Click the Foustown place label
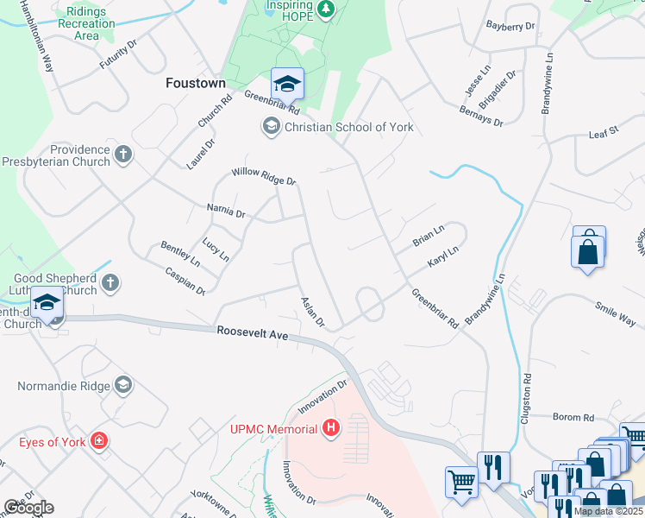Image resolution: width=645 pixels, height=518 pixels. [195, 84]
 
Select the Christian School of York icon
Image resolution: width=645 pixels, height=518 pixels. [271, 127]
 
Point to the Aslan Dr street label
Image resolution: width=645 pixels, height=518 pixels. [311, 312]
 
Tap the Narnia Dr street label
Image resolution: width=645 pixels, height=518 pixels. [226, 210]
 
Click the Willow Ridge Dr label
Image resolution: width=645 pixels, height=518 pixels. [263, 177]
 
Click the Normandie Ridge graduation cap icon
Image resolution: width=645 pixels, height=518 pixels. [123, 384]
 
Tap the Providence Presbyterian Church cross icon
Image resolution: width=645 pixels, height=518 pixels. [123, 155]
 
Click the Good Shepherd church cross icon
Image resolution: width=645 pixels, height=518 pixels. [110, 282]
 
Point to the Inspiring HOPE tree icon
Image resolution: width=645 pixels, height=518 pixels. [325, 10]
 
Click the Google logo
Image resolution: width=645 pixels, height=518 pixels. [28, 507]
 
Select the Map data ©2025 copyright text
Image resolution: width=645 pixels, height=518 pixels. [607, 511]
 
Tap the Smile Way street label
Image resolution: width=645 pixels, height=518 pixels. [615, 314]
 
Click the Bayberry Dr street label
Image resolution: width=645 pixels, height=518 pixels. [510, 26]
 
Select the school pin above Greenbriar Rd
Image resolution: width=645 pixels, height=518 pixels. [287, 84]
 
